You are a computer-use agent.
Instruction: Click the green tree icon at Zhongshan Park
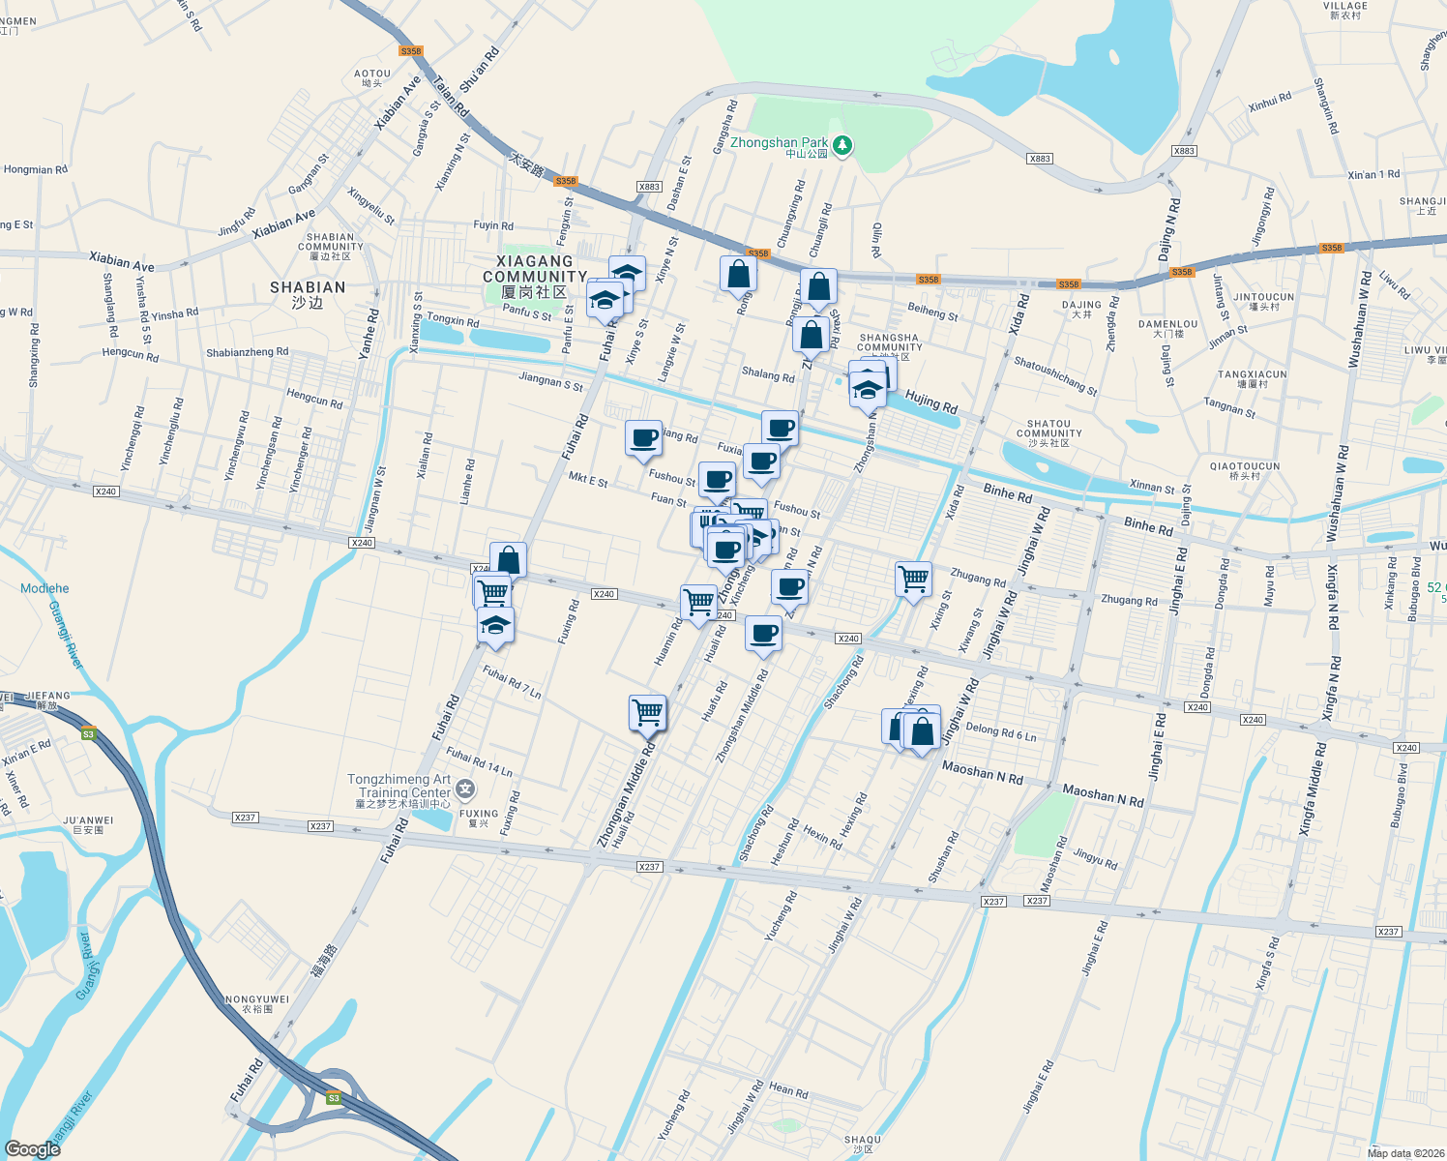842,145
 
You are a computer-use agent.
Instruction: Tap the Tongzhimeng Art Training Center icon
465,789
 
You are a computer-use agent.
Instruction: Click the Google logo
32,1148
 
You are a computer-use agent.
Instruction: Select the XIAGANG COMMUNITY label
535,269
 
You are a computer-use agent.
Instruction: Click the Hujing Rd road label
930,402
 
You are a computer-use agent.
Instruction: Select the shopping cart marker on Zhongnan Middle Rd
647,713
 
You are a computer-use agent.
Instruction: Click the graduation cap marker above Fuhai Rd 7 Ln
495,625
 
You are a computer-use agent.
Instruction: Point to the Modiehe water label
44,588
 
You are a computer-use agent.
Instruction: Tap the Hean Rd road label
788,1089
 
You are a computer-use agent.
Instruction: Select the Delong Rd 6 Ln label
1001,732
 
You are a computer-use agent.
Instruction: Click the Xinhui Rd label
1270,102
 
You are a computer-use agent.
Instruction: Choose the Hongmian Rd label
36,169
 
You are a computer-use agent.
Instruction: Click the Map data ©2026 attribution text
1403,1152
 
